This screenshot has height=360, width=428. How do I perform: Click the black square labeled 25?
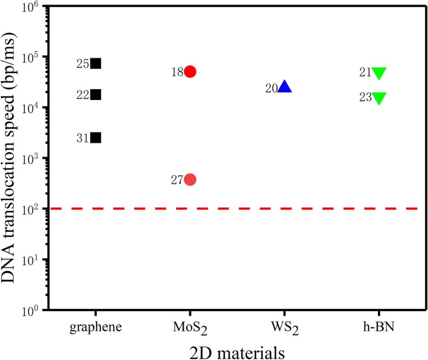(x=96, y=63)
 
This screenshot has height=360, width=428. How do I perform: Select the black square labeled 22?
(x=96, y=95)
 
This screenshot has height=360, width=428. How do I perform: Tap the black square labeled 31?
(x=96, y=138)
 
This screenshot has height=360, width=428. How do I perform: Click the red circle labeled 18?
(x=190, y=72)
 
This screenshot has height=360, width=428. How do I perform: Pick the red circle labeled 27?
(x=190, y=179)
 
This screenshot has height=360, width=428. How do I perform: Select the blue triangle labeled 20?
(x=285, y=87)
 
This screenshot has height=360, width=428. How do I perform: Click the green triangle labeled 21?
(x=379, y=73)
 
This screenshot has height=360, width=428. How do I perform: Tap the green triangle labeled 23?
(x=379, y=98)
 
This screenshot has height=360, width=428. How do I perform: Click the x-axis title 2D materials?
(x=237, y=351)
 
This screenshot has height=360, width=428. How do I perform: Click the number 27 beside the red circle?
(x=177, y=180)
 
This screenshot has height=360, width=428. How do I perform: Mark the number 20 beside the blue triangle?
(x=271, y=88)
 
